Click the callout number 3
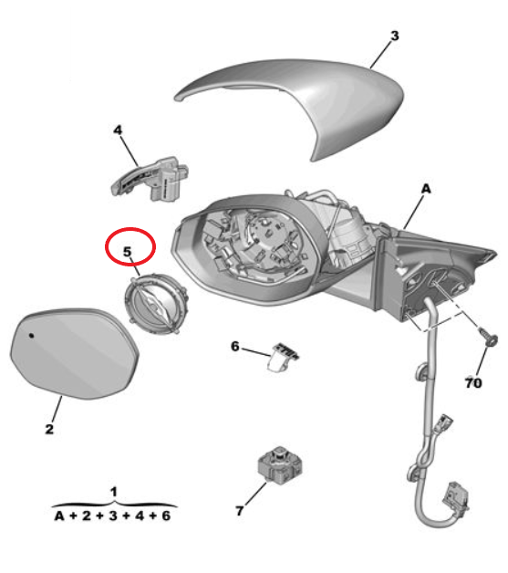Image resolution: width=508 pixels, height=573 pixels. tap(395, 36)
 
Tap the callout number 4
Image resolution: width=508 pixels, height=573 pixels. tap(118, 130)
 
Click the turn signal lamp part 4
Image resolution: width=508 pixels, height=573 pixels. tap(150, 179)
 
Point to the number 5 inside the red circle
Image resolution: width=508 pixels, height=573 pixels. tap(127, 252)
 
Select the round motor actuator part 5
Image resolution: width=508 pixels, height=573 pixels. tap(156, 304)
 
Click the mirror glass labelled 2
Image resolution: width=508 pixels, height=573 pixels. tap(74, 352)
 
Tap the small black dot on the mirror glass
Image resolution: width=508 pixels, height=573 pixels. tap(31, 335)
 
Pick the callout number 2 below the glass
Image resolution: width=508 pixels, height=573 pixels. tap(49, 429)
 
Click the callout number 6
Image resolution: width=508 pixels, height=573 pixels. tap(234, 346)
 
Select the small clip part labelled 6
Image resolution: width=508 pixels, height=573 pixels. tap(283, 357)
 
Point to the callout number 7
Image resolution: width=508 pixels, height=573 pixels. tap(239, 511)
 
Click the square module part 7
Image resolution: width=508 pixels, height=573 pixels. tap(280, 464)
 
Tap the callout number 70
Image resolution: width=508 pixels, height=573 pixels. tap(473, 383)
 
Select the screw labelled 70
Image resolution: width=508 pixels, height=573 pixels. tap(488, 336)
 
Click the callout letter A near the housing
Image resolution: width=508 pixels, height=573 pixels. tap(426, 189)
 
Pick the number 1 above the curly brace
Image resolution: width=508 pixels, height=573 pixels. tap(114, 492)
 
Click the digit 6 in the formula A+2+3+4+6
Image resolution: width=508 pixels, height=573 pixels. tap(166, 516)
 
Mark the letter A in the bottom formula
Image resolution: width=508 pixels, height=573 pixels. tap(59, 516)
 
